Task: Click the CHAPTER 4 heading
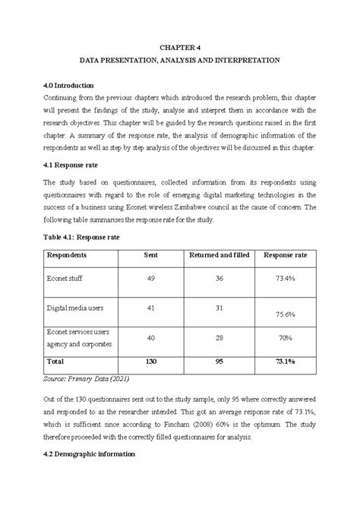tap(180, 46)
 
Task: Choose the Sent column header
tap(150, 256)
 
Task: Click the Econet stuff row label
tap(66, 279)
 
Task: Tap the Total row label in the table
tap(55, 362)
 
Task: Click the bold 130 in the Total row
tap(150, 362)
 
